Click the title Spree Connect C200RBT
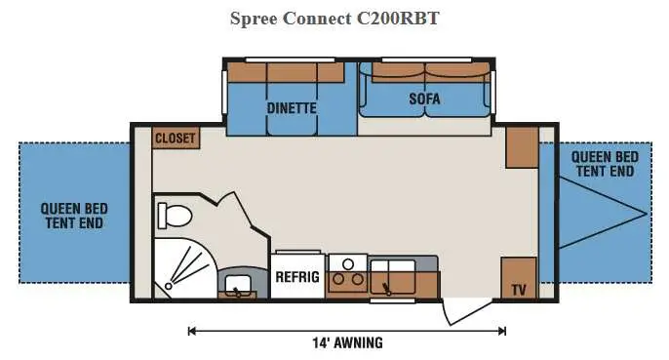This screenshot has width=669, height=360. pyautogui.click(x=334, y=19)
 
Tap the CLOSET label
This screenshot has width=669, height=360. pyautogui.click(x=176, y=139)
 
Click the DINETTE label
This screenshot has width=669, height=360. pyautogui.click(x=292, y=108)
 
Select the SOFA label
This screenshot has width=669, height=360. pyautogui.click(x=424, y=100)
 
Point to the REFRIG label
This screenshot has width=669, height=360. pyautogui.click(x=297, y=277)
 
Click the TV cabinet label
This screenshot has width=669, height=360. pyautogui.click(x=519, y=291)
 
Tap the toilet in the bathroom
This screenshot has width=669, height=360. pyautogui.click(x=174, y=216)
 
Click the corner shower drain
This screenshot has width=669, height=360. pyautogui.click(x=169, y=286)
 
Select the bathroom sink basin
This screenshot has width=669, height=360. pyautogui.click(x=238, y=284)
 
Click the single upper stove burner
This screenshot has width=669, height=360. pyautogui.click(x=348, y=264)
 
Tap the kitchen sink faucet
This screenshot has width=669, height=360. pyautogui.click(x=387, y=289)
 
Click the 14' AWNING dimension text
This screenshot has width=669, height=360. pyautogui.click(x=348, y=342)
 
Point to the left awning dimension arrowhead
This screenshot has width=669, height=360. pyautogui.click(x=192, y=331)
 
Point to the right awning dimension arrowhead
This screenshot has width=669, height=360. pyautogui.click(x=502, y=331)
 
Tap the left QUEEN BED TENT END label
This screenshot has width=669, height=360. pyautogui.click(x=74, y=216)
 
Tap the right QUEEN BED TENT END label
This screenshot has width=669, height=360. pyautogui.click(x=605, y=164)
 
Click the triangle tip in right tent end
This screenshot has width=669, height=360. pyautogui.click(x=647, y=214)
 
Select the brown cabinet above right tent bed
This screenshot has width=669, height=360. pyautogui.click(x=522, y=147)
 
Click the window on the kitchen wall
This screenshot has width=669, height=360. pyautogui.click(x=392, y=301)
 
